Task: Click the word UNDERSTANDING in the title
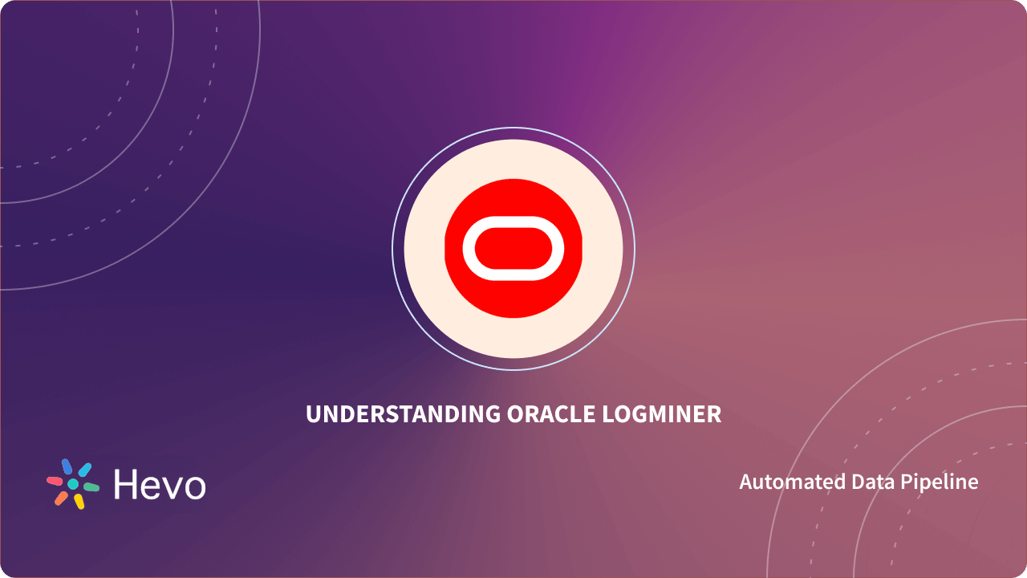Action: [404, 414]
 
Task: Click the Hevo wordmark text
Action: [160, 484]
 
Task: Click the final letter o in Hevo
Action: [193, 487]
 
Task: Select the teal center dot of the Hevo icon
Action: [73, 484]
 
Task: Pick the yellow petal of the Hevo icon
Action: [79, 502]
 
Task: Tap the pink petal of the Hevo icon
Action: [55, 481]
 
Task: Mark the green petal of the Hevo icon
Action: [91, 487]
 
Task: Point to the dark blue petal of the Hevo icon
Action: [67, 466]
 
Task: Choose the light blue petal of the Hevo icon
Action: [84, 470]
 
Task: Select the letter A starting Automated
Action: [745, 482]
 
